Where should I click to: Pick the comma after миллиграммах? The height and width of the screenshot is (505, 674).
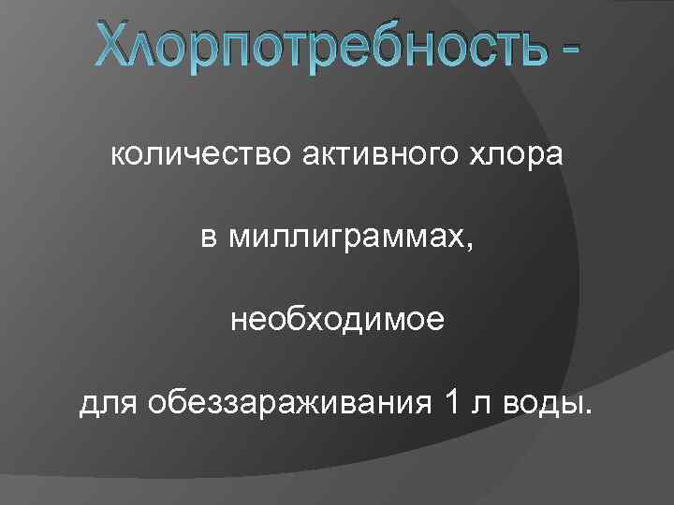point(470,247)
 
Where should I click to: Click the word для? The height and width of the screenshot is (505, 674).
point(104,404)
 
